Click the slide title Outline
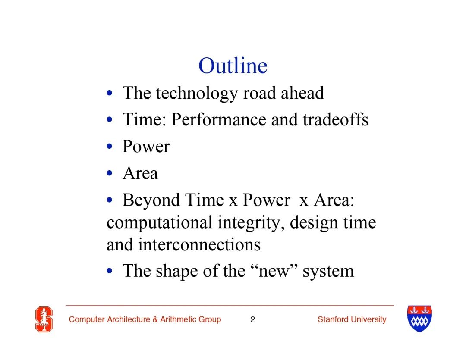[x=233, y=66]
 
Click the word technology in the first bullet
[x=196, y=94]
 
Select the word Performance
[x=219, y=119]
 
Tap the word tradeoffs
[x=336, y=119]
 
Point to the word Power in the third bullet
[x=146, y=147]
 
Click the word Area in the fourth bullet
[x=140, y=173]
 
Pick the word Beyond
[x=151, y=200]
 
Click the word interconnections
[x=199, y=245]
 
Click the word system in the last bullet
[x=328, y=272]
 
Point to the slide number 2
[x=252, y=319]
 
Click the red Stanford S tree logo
[x=44, y=319]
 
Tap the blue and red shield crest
[x=419, y=319]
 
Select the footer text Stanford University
[x=352, y=319]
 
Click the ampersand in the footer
[x=155, y=319]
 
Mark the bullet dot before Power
[x=110, y=147]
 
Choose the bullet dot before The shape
[x=110, y=271]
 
